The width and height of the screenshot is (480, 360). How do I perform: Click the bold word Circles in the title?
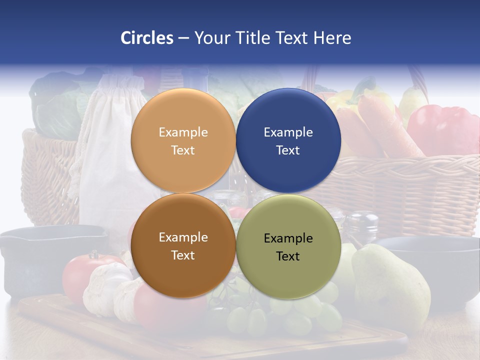tap(146, 38)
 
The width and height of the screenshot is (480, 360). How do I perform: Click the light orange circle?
tap(183, 115)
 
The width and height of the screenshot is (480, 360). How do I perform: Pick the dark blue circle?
tap(288, 115)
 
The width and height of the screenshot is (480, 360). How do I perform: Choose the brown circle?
tap(183, 270)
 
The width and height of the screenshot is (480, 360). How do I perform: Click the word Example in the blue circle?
tap(288, 132)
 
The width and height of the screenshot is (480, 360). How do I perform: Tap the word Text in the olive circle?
tap(288, 256)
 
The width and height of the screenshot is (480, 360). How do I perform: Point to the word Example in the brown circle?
tap(183, 237)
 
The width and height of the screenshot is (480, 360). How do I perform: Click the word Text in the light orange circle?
tap(183, 150)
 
